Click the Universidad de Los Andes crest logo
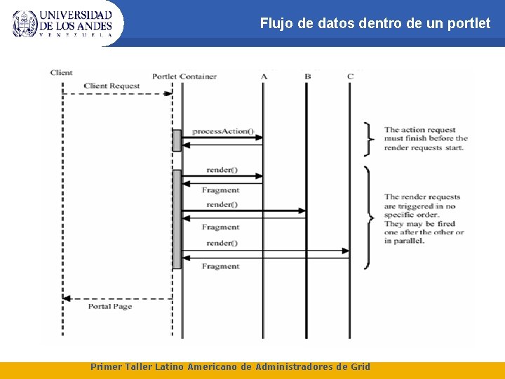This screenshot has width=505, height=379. pyautogui.click(x=25, y=23)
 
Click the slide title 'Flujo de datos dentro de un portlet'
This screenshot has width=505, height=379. pyautogui.click(x=375, y=23)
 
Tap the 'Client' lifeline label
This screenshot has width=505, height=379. pyautogui.click(x=61, y=72)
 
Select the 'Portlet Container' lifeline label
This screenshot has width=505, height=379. pyautogui.click(x=184, y=76)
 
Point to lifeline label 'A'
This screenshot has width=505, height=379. pyautogui.click(x=264, y=76)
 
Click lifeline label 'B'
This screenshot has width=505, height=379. pyautogui.click(x=307, y=76)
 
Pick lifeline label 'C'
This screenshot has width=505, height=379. pyautogui.click(x=350, y=76)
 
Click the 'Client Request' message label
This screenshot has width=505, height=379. pyautogui.click(x=112, y=86)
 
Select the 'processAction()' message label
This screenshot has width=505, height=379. pyautogui.click(x=222, y=131)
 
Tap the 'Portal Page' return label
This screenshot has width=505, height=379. pyautogui.click(x=110, y=306)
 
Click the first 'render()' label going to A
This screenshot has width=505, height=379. pyautogui.click(x=222, y=170)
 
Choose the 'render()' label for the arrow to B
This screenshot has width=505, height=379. pyautogui.click(x=222, y=204)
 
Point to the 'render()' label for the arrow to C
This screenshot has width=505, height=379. pyautogui.click(x=222, y=243)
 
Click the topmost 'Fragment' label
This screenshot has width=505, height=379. pyautogui.click(x=220, y=189)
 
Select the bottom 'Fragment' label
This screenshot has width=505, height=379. pyautogui.click(x=220, y=266)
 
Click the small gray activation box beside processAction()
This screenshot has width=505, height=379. pyautogui.click(x=177, y=140)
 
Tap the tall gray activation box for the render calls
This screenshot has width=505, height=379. pyautogui.click(x=177, y=218)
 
